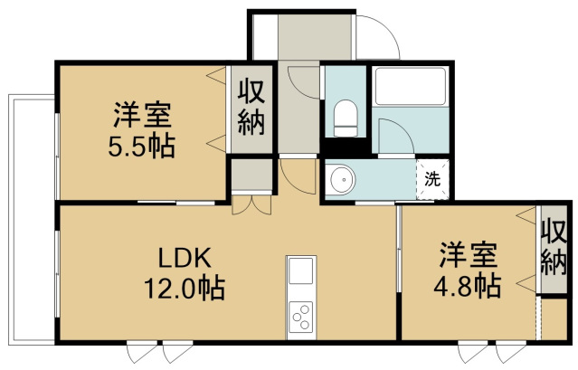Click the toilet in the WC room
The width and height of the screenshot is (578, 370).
point(346,119)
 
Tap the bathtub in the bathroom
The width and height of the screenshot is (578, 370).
point(411,86)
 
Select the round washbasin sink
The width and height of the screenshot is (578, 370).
point(343,180)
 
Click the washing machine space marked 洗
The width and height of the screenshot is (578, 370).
point(432,179)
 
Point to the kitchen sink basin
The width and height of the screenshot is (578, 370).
point(301,270)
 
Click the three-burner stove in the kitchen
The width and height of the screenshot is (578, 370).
point(301,317)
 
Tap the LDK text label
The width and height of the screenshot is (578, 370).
point(185,258)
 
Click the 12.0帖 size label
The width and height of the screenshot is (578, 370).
point(185,289)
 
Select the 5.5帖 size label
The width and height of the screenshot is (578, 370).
point(142,146)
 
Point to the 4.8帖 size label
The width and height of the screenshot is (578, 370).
point(468,286)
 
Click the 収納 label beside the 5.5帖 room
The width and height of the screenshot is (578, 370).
point(251,108)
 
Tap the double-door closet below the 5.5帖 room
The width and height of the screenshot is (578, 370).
point(251,204)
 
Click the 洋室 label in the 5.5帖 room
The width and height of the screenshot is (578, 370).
point(142,115)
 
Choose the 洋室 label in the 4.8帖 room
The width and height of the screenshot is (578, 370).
point(469,254)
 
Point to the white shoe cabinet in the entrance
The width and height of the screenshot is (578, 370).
point(265,37)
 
